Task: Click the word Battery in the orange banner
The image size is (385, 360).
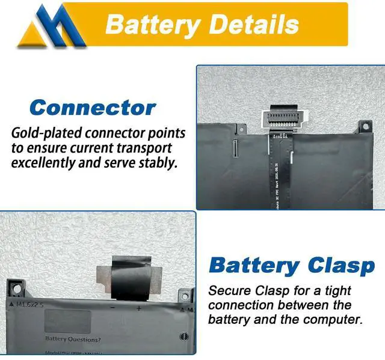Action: pyautogui.click(x=153, y=25)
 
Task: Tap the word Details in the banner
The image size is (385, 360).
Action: pyautogui.click(x=253, y=25)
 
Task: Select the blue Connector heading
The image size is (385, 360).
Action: pyautogui.click(x=93, y=108)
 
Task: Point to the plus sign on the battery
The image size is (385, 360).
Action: pyautogui.click(x=139, y=308)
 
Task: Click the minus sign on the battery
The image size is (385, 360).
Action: pyautogui.click(x=112, y=308)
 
